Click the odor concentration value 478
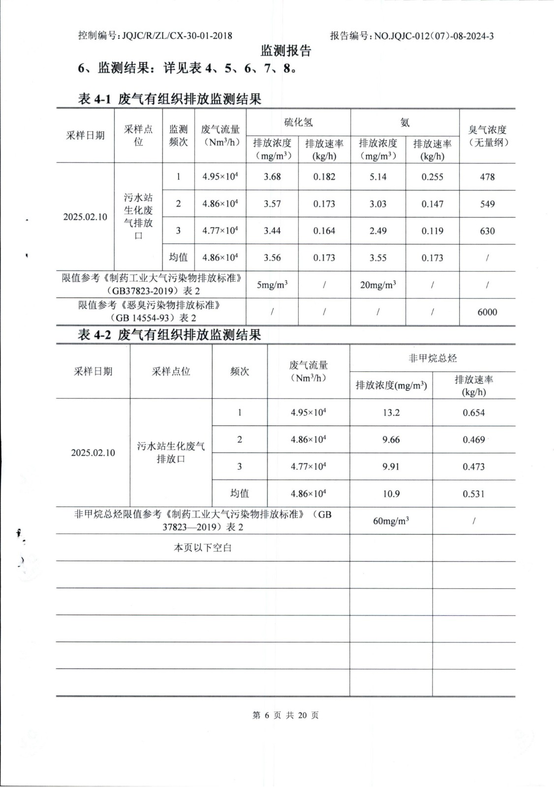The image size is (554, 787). pos(487,177)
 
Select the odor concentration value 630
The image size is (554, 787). pos(487,231)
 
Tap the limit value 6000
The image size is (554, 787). pos(487,312)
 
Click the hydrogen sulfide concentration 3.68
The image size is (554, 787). pos(272,177)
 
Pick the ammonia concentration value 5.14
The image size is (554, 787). pos(378,177)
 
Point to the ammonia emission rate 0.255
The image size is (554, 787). pos(432,177)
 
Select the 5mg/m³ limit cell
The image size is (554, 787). pos(272,285)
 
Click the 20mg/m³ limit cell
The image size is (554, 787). pos(378,285)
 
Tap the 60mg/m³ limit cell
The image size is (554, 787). pos(391,521)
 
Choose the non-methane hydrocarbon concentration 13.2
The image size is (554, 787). pos(391,413)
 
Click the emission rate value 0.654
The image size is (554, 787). pos(473,413)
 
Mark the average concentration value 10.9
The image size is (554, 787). pos(391,494)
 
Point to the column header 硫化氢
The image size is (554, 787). pos(298,122)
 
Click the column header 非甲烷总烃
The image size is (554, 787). pos(432,358)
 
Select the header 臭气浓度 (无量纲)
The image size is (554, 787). pos(487,136)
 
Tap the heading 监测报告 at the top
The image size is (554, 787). pos(286,51)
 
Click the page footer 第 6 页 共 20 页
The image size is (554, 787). pos(285,715)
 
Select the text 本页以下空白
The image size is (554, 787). pos(202,547)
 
